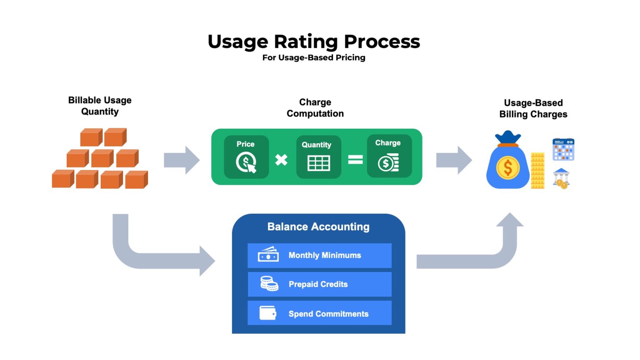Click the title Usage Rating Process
314,41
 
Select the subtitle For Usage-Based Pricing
314,57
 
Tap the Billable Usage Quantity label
100,106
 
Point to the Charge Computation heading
315,108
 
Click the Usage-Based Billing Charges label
533,108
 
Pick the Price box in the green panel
246,157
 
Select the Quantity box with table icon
318,157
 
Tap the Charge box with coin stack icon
389,156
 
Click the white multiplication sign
281,160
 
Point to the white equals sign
355,160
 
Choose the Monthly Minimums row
320,255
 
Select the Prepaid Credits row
320,284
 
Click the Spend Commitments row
320,313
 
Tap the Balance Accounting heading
318,227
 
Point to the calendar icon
563,150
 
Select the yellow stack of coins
537,171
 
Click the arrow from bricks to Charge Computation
182,160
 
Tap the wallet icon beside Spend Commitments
267,313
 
